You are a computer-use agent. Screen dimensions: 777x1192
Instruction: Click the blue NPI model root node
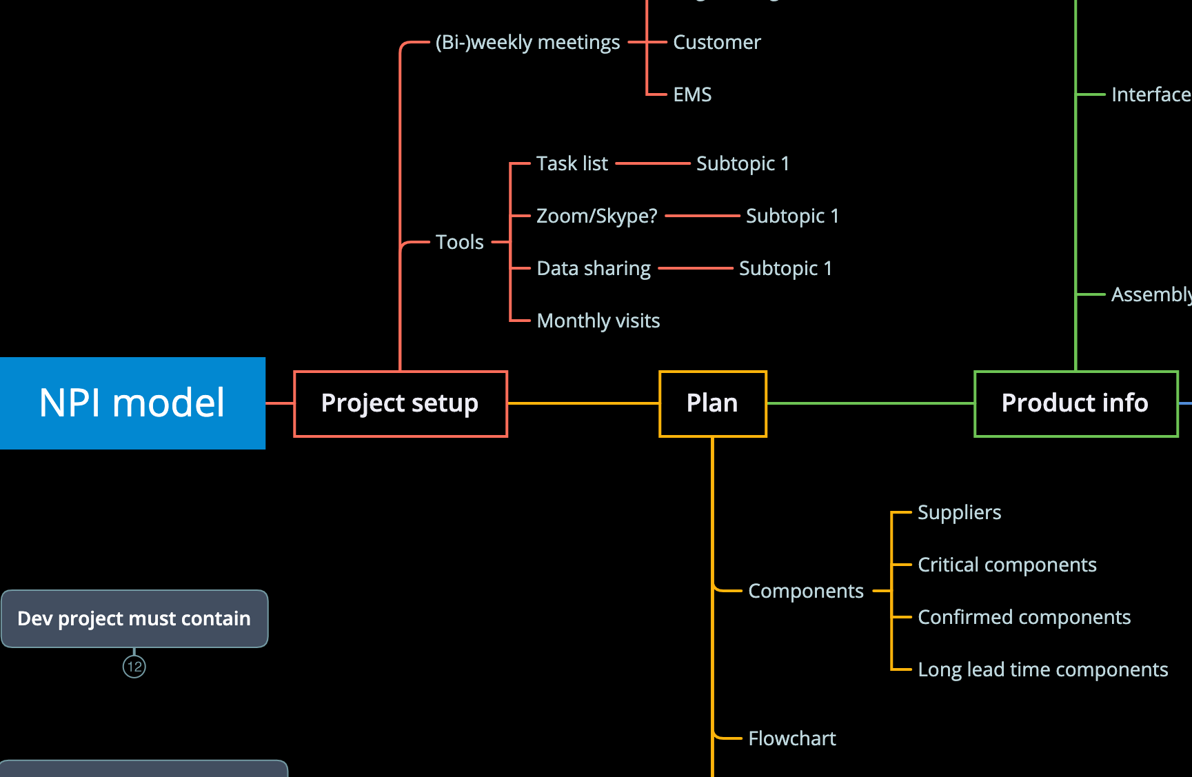click(132, 403)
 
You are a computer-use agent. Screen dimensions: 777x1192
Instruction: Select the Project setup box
click(401, 404)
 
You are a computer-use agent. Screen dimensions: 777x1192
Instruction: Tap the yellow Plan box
click(713, 404)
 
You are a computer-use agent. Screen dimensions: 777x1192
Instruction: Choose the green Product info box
click(1075, 404)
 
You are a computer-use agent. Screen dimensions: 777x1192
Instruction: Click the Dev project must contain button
click(134, 619)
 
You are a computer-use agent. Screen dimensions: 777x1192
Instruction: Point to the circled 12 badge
click(134, 667)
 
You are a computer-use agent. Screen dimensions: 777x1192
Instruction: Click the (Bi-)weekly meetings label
click(528, 43)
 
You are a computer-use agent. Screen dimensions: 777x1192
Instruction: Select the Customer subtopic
click(717, 43)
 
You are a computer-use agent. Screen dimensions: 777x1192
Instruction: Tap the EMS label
click(692, 95)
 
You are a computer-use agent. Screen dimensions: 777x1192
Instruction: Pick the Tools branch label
click(460, 243)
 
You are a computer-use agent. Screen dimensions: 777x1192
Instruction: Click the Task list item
click(572, 164)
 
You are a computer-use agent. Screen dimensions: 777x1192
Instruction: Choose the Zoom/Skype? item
click(597, 216)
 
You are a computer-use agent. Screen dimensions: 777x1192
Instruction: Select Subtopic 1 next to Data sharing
click(785, 269)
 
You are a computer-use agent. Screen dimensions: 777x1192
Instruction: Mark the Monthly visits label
click(598, 321)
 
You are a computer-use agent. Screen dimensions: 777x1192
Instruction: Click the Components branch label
click(806, 592)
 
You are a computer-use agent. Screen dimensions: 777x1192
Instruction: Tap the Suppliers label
click(959, 513)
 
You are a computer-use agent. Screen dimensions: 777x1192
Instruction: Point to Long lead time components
click(1043, 670)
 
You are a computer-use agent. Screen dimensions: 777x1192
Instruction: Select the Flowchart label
click(792, 739)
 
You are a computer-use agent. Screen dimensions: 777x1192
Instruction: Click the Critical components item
click(1007, 565)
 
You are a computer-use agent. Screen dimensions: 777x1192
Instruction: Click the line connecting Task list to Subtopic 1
click(652, 164)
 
